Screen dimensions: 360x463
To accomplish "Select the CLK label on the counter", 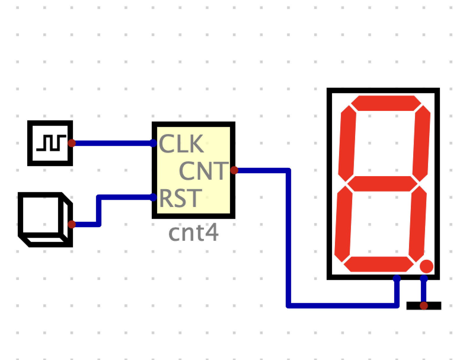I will (181, 144).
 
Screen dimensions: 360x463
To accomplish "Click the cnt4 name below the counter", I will (193, 233).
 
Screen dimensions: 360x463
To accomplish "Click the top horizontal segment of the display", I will (386, 103).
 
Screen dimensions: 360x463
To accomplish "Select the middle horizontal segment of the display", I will (382, 184).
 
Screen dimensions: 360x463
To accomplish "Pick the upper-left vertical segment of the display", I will (347, 144).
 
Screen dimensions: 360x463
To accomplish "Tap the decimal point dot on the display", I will (427, 266).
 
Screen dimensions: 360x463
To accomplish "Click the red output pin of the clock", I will (72, 143).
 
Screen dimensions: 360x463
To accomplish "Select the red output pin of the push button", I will (72, 224).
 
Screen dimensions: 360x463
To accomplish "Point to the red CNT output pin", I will (234, 170).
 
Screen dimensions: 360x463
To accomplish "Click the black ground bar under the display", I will (424, 305).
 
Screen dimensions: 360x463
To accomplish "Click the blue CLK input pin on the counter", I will (153, 143).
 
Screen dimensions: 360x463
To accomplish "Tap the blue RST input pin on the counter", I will (153, 197).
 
